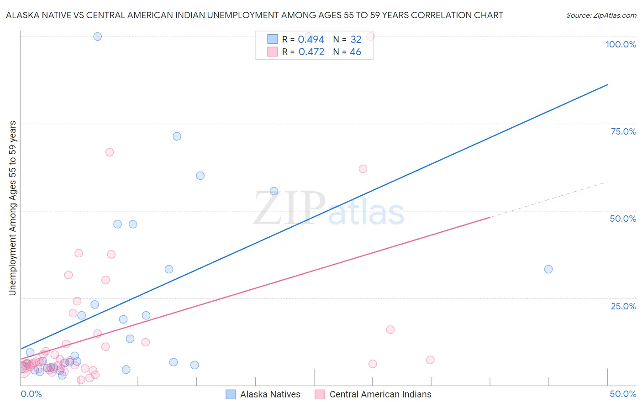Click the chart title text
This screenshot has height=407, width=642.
pos(254,15)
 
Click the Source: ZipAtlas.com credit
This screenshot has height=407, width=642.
pos(601,15)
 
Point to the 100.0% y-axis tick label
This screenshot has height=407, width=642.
pos(621,44)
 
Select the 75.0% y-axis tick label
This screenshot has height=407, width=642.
pos(623,131)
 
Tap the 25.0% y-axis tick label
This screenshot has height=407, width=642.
pos(623,306)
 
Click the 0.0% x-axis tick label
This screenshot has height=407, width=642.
pos(31,394)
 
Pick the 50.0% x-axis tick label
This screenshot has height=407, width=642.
pos(623,394)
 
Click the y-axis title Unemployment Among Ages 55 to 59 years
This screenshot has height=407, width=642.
pos(12,208)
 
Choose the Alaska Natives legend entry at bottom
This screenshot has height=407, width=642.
pos(263,394)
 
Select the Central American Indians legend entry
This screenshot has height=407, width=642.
pos(373,394)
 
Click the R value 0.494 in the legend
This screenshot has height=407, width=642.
pos(311,40)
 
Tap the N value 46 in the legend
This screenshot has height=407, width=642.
pos(355,52)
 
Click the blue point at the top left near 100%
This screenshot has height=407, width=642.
pos(97,37)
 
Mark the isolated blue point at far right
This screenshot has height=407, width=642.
pos(548,269)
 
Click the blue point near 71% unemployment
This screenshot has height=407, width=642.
pos(177,136)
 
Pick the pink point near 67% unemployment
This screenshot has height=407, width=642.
pos(110,152)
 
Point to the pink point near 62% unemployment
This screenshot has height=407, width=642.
pos(363,169)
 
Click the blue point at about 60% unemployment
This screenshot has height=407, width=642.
pos(200,176)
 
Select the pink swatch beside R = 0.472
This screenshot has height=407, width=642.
pos(273,52)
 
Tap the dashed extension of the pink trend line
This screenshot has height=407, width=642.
pos(548,199)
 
